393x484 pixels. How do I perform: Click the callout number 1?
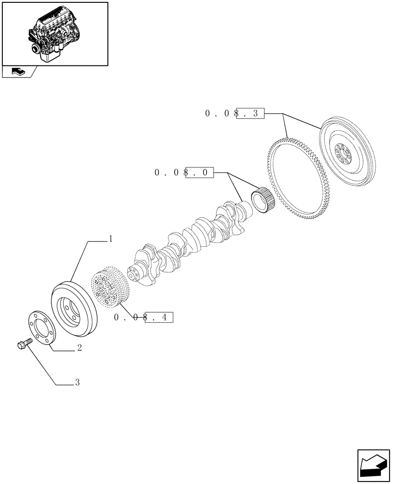coord(110,239)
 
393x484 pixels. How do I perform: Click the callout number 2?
coord(78,348)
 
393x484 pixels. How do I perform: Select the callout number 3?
coord(77,383)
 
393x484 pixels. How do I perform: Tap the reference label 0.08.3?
coord(235,114)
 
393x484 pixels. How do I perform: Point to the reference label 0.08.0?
coord(184,173)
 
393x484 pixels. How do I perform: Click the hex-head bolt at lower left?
coord(22,346)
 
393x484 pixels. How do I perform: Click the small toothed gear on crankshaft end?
coord(263,199)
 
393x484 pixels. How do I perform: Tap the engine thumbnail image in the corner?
coord(54,33)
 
